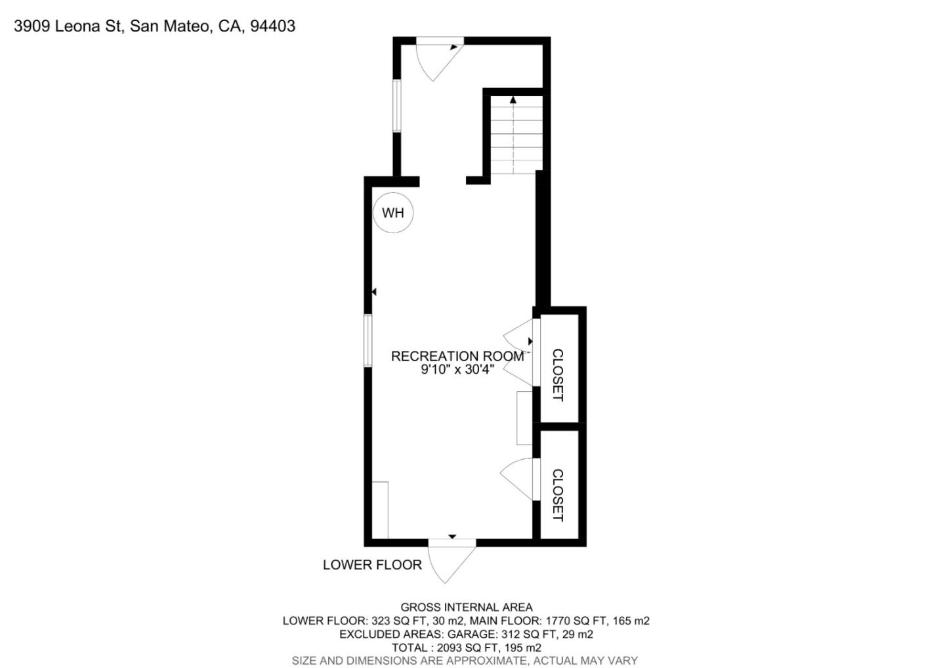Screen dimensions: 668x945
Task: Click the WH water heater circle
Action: (x=393, y=213)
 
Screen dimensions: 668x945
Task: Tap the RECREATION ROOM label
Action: (x=457, y=356)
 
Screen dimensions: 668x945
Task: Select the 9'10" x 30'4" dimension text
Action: (x=457, y=370)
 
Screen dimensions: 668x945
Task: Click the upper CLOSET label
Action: (x=557, y=375)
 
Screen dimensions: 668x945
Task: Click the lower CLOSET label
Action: (x=557, y=495)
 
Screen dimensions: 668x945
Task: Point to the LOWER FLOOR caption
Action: (x=372, y=565)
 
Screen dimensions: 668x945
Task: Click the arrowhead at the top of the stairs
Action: (x=513, y=100)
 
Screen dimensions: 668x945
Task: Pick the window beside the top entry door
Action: (x=396, y=106)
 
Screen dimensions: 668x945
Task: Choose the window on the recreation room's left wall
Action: (x=368, y=340)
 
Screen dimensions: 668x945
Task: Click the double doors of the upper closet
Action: (x=520, y=353)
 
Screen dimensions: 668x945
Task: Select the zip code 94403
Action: (x=273, y=26)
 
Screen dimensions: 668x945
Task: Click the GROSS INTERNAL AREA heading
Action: (x=467, y=608)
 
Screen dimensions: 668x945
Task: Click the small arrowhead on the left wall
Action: (x=374, y=292)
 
